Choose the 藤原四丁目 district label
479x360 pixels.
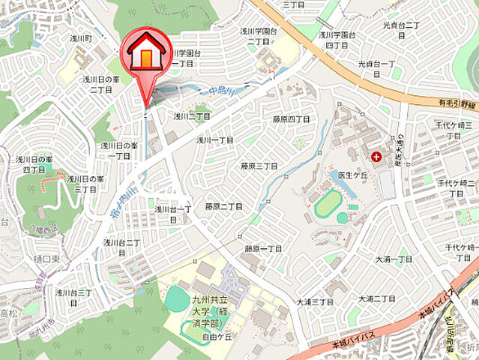[x=291, y=119]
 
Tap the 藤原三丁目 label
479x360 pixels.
[x=259, y=166]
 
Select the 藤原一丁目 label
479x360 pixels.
[x=262, y=248]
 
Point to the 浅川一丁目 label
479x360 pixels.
[x=215, y=140]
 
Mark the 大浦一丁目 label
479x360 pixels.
[x=394, y=259]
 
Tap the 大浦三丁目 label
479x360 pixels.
[x=314, y=301]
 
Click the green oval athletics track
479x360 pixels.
[x=327, y=204]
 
